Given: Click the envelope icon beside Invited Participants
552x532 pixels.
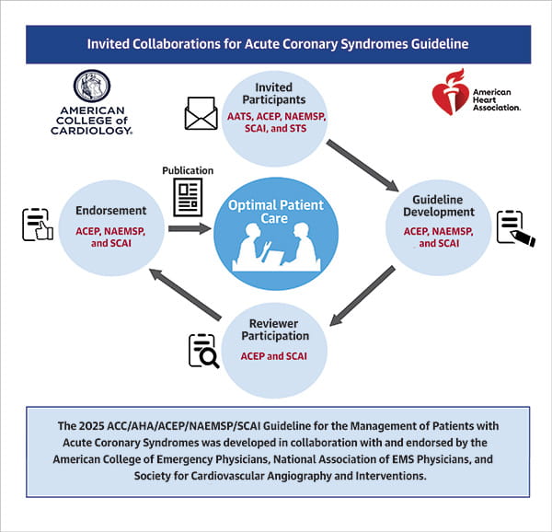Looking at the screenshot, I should pos(201,114).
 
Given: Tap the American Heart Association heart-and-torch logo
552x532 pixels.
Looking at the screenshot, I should pos(450,93).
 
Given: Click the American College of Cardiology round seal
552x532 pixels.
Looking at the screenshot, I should pos(91,87).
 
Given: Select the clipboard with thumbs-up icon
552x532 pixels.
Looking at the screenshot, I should pos(36,225).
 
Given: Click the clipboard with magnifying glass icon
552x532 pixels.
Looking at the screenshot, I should pos(202,351).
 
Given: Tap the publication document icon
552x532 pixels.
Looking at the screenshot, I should pos(188,197).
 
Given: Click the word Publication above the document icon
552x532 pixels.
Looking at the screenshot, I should pos(188,170).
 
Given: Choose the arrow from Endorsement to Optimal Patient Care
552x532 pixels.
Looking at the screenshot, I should pos(190,227).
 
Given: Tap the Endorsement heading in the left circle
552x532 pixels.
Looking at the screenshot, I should pos(109,211).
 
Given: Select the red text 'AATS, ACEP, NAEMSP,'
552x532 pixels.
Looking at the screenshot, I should pos(276,117).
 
